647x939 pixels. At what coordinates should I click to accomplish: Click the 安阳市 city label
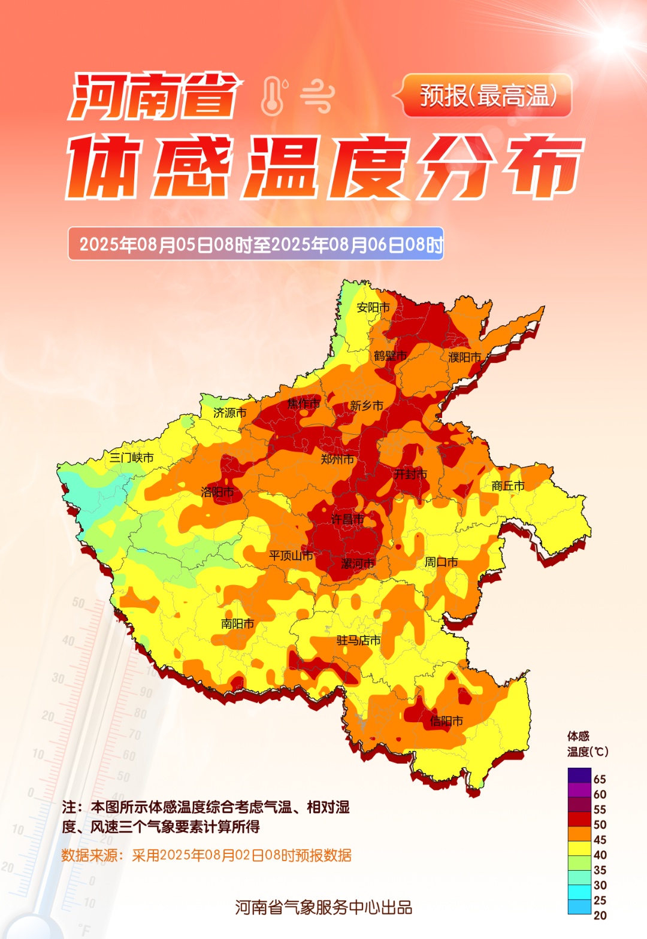pos(373,307)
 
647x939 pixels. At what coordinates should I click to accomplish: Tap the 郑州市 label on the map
pos(337,459)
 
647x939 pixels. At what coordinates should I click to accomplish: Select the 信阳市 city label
pos(446,721)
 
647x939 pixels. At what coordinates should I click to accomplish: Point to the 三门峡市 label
pos(131,458)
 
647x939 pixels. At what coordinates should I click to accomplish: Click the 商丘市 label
pos(508,486)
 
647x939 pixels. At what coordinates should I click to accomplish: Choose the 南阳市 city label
pos(237,623)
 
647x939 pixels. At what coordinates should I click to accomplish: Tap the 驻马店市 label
pos(358,640)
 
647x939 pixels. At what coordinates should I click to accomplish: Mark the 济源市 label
pos(230,413)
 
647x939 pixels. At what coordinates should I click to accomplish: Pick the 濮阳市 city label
pos(465,357)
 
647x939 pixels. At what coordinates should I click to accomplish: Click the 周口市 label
pos(441,562)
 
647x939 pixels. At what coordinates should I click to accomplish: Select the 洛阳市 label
pos(217,492)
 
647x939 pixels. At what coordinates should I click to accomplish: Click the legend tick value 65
pos(600,779)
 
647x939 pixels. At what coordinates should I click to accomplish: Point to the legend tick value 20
pos(600,915)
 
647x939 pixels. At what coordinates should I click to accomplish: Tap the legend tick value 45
pos(600,840)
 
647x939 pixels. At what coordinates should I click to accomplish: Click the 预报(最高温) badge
pos(487,96)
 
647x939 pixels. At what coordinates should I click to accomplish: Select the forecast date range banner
pos(256,244)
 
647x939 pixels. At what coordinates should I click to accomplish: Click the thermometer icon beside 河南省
pos(273,96)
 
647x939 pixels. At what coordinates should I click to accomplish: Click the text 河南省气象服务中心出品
pos(323,907)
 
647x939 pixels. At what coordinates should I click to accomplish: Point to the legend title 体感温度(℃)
pos(587,744)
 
